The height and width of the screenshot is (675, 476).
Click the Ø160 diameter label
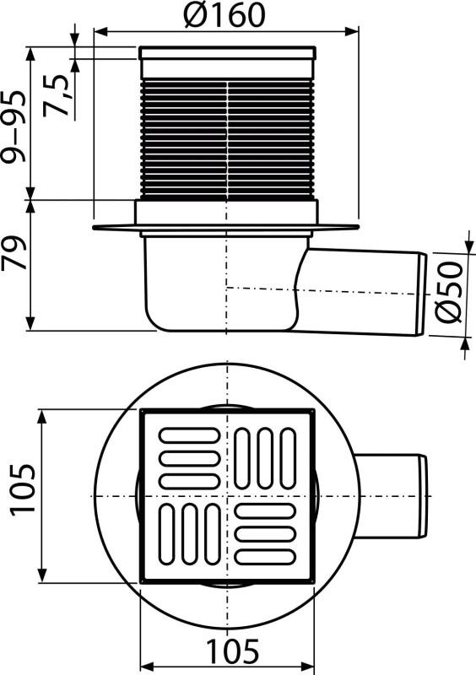pyautogui.click(x=224, y=15)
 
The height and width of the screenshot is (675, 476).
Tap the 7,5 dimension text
pyautogui.click(x=60, y=89)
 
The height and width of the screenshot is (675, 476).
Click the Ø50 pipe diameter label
pyautogui.click(x=449, y=292)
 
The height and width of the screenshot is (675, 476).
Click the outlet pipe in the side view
pyautogui.click(x=363, y=289)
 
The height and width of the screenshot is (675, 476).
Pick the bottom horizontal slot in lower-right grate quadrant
pyautogui.click(x=265, y=556)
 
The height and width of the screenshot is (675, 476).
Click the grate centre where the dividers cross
pyautogui.click(x=227, y=495)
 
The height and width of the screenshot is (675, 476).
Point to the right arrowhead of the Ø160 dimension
pyautogui.click(x=355, y=32)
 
